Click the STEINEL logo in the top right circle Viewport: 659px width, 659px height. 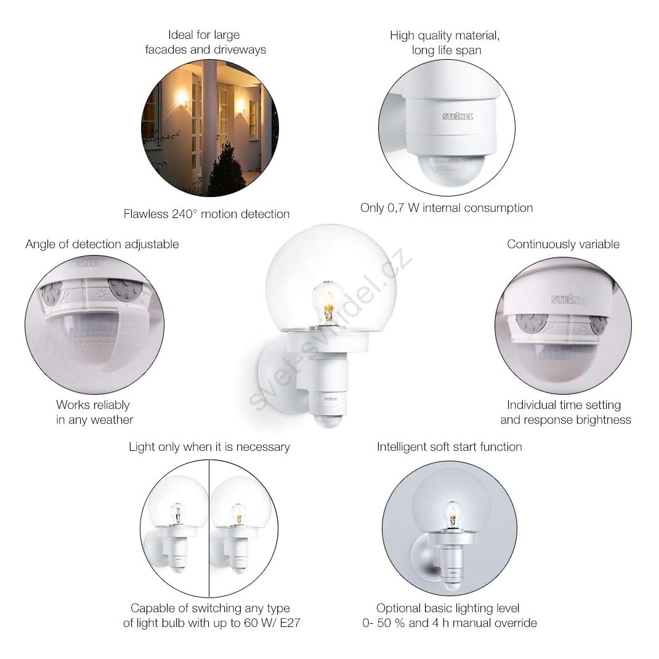(458, 116)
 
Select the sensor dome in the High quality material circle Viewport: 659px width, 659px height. (450, 169)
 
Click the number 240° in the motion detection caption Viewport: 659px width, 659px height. (184, 214)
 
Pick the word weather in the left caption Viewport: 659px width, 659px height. (111, 420)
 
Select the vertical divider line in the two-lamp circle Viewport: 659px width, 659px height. (209, 528)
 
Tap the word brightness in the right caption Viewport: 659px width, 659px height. (604, 420)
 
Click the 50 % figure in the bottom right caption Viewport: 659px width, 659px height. (391, 623)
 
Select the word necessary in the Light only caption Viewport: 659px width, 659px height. (263, 447)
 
